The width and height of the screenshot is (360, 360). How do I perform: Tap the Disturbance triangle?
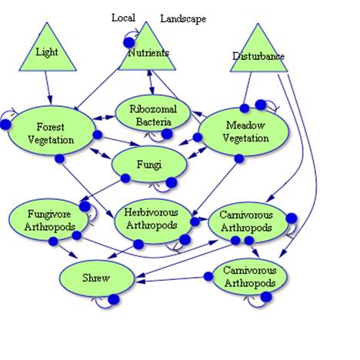pyautogui.click(x=258, y=54)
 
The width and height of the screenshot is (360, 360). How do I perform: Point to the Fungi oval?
pyautogui.click(x=149, y=164)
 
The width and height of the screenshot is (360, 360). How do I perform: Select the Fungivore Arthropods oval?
pyautogui.click(x=44, y=220)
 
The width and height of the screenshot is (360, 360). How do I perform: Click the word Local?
pyautogui.click(x=124, y=17)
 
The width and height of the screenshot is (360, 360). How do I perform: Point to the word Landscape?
pyautogui.click(x=183, y=18)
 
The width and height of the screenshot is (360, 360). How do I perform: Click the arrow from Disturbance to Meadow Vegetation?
pyautogui.click(x=248, y=88)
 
